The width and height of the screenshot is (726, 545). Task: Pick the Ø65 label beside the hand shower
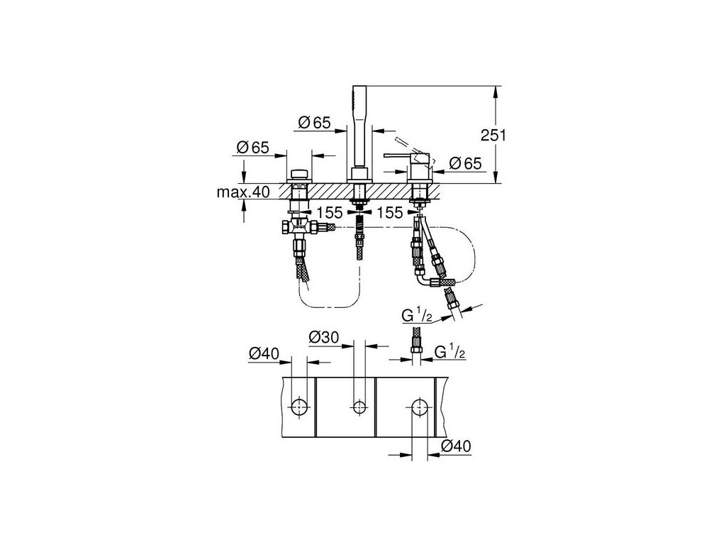pyautogui.click(x=315, y=123)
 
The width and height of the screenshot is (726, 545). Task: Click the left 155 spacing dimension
pyautogui.click(x=330, y=211)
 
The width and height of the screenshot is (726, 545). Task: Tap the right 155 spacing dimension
pyautogui.click(x=390, y=211)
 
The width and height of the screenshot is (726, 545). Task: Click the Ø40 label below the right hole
pyautogui.click(x=455, y=446)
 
